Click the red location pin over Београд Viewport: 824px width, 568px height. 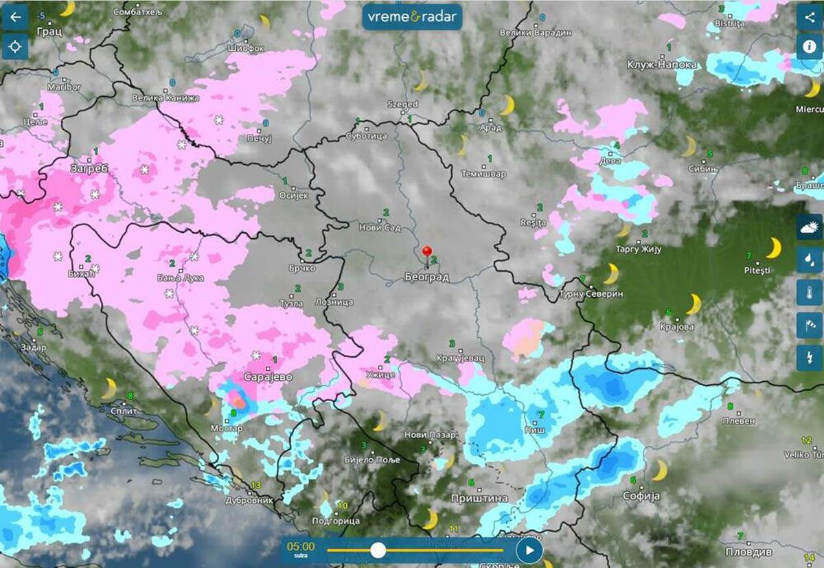click(427, 253)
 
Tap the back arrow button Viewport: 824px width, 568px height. click(15, 17)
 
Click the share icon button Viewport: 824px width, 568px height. click(810, 17)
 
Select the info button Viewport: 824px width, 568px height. click(810, 47)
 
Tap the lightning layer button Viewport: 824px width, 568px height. click(810, 358)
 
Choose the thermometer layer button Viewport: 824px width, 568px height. click(810, 293)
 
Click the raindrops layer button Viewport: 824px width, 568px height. click(810, 260)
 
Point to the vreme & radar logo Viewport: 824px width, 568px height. click(412, 17)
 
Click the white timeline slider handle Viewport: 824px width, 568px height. click(378, 549)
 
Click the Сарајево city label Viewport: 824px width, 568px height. click(268, 377)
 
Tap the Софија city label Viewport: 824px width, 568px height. click(641, 495)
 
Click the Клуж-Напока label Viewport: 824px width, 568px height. click(662, 65)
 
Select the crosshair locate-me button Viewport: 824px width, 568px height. click(15, 47)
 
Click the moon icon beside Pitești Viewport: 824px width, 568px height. click(774, 248)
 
